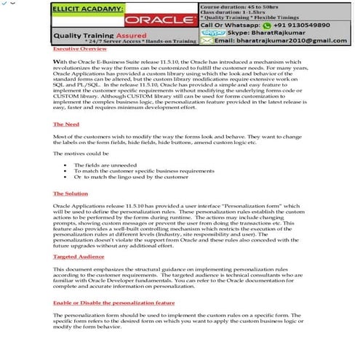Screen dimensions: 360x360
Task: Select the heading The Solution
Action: (71, 193)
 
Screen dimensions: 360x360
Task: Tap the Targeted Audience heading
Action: (79, 257)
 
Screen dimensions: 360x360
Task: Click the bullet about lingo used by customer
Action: (126, 177)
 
